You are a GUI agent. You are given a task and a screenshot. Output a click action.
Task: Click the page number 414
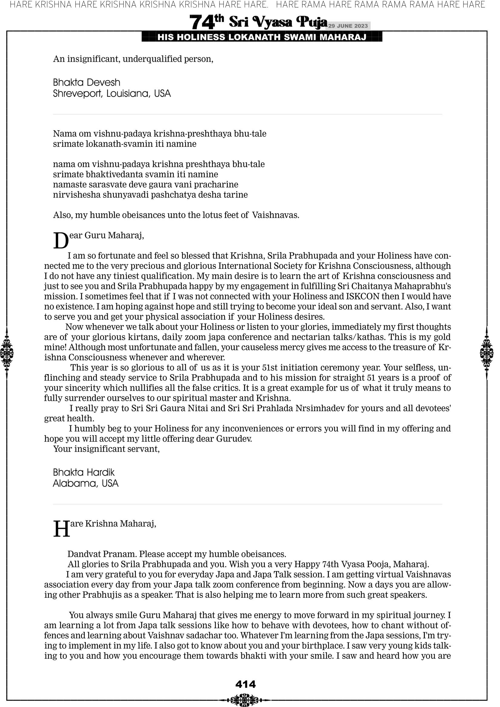coord(245,684)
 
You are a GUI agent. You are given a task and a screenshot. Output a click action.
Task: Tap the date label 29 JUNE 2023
coord(348,26)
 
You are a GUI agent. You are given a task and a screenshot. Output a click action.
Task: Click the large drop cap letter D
coord(61,241)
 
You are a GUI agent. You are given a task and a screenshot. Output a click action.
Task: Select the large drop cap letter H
coord(61,529)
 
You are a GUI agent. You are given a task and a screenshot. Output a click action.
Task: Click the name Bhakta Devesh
coord(87,83)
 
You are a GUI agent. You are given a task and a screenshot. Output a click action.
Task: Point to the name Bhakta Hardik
coord(84,472)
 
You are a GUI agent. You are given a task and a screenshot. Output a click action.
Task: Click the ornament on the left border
coord(7,353)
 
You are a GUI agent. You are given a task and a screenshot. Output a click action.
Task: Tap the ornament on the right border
coord(487,353)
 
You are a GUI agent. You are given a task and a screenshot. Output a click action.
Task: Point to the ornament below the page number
coord(245,700)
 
